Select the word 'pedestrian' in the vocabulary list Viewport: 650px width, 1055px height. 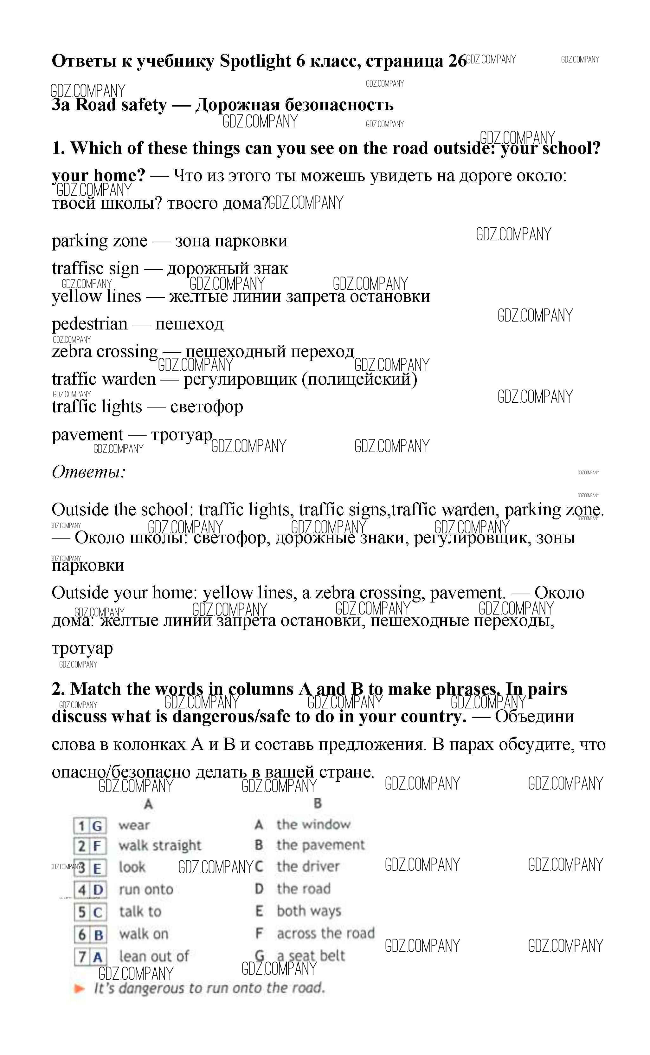[x=89, y=324]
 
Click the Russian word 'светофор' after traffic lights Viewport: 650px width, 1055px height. [x=206, y=407]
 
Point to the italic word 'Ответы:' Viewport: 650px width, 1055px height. [x=88, y=472]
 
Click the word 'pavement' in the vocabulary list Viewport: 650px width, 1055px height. [x=87, y=434]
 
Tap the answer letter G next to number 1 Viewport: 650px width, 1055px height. [x=97, y=826]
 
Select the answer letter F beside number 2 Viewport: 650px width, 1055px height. [x=97, y=846]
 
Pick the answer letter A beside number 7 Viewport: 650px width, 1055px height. [x=98, y=957]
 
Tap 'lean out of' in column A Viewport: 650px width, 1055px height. [x=153, y=956]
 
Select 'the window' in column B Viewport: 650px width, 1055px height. [x=313, y=824]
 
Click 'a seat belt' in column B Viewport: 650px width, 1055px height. [x=310, y=956]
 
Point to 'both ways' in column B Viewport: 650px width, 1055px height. [x=309, y=911]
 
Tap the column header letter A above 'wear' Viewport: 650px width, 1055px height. [x=148, y=804]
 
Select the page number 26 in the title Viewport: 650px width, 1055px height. [x=457, y=62]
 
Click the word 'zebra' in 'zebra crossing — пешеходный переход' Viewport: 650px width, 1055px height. [x=71, y=352]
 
